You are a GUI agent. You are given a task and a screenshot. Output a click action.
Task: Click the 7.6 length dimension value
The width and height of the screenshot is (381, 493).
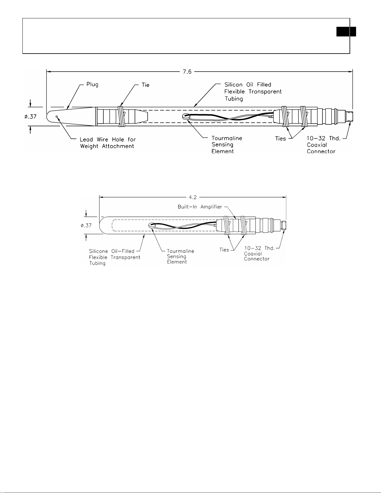click(x=187, y=72)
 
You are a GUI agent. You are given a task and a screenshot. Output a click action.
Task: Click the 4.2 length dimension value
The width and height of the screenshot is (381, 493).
click(x=193, y=197)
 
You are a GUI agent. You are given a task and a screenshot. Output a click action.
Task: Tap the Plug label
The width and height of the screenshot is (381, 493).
click(x=92, y=85)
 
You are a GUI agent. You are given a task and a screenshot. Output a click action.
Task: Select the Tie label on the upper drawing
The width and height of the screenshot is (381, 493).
click(x=145, y=85)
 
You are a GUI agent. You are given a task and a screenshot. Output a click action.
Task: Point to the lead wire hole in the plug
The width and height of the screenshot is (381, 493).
click(x=57, y=116)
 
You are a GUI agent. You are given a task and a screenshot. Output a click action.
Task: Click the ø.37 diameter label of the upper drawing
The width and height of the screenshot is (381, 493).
click(x=31, y=116)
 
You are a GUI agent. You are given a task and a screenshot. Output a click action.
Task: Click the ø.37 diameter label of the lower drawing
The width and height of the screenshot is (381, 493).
click(x=86, y=225)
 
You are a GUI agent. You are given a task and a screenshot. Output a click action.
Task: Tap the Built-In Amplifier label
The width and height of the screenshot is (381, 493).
click(x=200, y=207)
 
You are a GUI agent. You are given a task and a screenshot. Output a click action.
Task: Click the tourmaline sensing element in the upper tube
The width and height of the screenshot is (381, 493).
click(x=186, y=116)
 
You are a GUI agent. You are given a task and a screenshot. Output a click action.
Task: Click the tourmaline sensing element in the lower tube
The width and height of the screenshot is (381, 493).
click(x=151, y=225)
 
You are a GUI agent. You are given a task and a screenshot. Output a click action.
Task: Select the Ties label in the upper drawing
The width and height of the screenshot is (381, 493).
click(x=280, y=139)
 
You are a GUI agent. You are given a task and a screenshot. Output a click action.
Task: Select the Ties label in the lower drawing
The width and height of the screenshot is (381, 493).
click(x=224, y=249)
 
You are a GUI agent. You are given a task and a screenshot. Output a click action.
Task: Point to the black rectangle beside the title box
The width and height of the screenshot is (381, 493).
click(x=346, y=31)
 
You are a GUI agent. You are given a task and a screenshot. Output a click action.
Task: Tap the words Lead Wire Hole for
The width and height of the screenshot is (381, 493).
click(x=108, y=139)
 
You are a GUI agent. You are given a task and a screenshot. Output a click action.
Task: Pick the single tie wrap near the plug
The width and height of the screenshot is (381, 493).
click(x=121, y=116)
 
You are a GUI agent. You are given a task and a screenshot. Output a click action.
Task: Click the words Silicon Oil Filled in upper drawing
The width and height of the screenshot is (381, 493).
click(x=248, y=85)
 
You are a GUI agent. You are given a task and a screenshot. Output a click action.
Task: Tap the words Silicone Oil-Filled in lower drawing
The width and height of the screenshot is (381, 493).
click(x=112, y=251)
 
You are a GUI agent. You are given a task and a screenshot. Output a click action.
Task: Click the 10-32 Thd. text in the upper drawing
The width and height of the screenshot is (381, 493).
click(x=324, y=138)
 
